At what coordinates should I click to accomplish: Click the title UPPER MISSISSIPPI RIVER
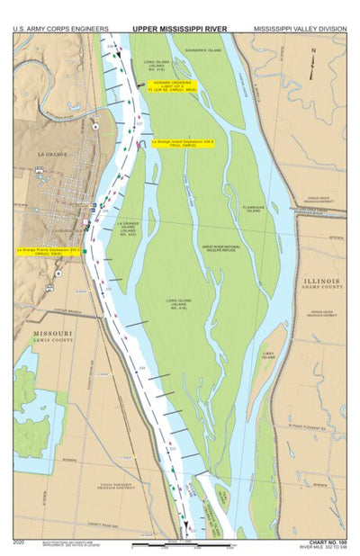[181, 29]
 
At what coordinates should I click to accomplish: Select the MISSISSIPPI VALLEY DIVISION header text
[299, 29]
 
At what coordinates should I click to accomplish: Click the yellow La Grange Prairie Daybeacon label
[50, 251]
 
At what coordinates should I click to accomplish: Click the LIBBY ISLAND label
[268, 355]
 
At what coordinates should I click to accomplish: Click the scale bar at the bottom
[180, 544]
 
